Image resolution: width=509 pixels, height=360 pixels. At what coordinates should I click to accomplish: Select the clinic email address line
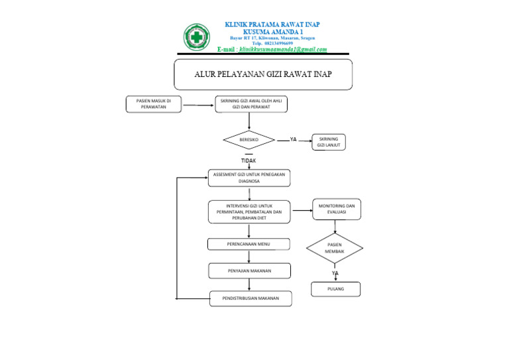[x=272, y=50]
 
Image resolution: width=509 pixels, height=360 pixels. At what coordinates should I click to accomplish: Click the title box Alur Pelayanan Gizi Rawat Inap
[x=263, y=74]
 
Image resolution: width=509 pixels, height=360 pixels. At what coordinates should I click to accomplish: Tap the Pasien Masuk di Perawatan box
[x=154, y=104]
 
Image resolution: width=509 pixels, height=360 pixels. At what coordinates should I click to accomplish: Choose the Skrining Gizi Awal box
[x=251, y=104]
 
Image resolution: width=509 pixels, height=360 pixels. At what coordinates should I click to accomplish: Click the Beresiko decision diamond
[x=249, y=140]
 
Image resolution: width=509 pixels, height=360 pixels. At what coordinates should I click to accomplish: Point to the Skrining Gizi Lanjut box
[x=329, y=142]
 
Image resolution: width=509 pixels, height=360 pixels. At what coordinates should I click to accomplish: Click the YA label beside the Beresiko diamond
[x=293, y=140]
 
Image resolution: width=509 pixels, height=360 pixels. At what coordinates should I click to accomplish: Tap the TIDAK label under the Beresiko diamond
[x=248, y=160]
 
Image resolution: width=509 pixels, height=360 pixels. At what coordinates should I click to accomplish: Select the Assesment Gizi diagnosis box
[x=249, y=178]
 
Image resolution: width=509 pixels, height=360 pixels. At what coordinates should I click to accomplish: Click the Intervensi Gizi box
[x=249, y=212]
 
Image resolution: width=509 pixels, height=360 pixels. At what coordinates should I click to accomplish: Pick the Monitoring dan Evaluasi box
[x=337, y=209]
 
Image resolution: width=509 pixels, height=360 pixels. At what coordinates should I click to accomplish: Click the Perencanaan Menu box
[x=249, y=244]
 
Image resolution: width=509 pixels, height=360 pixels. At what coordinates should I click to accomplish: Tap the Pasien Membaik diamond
[x=335, y=248]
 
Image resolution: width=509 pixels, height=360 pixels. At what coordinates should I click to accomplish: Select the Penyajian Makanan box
[x=249, y=270]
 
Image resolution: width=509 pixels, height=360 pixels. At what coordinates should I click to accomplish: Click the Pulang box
[x=336, y=289]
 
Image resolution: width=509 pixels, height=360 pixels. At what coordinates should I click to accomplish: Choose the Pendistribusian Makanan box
[x=250, y=299]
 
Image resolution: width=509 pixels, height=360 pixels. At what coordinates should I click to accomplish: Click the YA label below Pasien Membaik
[x=335, y=273]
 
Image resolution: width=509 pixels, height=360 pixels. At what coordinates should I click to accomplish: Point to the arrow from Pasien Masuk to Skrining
[x=198, y=105]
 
